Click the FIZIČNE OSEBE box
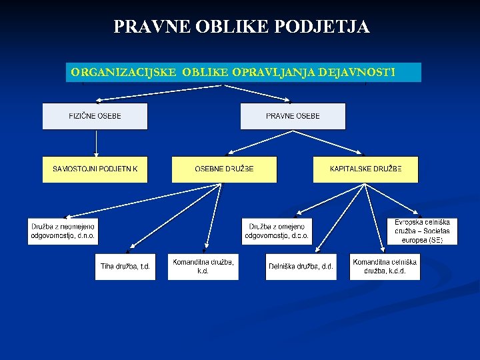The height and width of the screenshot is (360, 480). point(95,116)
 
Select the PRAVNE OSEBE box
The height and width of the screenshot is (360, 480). point(293,116)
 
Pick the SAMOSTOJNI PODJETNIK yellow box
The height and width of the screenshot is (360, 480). point(95,169)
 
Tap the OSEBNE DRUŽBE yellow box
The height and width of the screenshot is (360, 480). point(224,169)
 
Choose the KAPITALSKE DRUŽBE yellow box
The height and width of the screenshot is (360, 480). point(365,169)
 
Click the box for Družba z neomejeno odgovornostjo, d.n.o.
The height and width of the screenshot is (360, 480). point(63,231)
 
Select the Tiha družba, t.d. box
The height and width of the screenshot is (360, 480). point(125,267)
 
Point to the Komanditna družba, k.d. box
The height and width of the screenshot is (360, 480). point(203,267)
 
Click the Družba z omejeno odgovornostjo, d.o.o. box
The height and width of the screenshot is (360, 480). point(276,231)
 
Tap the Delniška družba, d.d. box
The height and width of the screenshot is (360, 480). point(301,267)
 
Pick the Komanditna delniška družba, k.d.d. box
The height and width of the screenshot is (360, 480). point(385,267)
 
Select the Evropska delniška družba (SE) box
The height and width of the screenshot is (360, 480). point(422,231)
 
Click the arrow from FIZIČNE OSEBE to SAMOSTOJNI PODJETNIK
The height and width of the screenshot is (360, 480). point(96,143)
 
